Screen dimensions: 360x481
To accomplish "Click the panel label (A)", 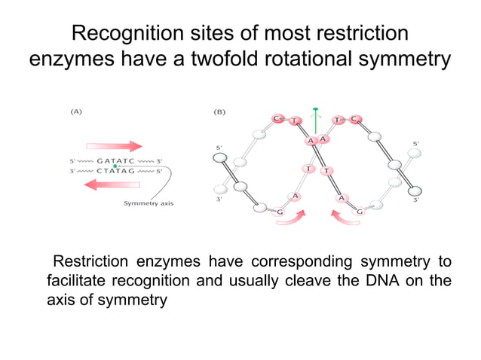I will [x=76, y=111].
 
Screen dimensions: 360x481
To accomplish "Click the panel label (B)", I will [x=220, y=111].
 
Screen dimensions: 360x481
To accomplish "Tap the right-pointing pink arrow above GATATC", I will [x=115, y=146].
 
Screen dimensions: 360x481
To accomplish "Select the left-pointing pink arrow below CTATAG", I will [x=112, y=184].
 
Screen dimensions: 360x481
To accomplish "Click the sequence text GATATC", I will [x=115, y=160].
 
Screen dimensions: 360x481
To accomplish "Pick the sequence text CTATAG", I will [x=115, y=170].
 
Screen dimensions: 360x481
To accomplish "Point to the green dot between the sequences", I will [x=115, y=165].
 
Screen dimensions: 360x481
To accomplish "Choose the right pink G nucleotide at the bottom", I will [x=360, y=212].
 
